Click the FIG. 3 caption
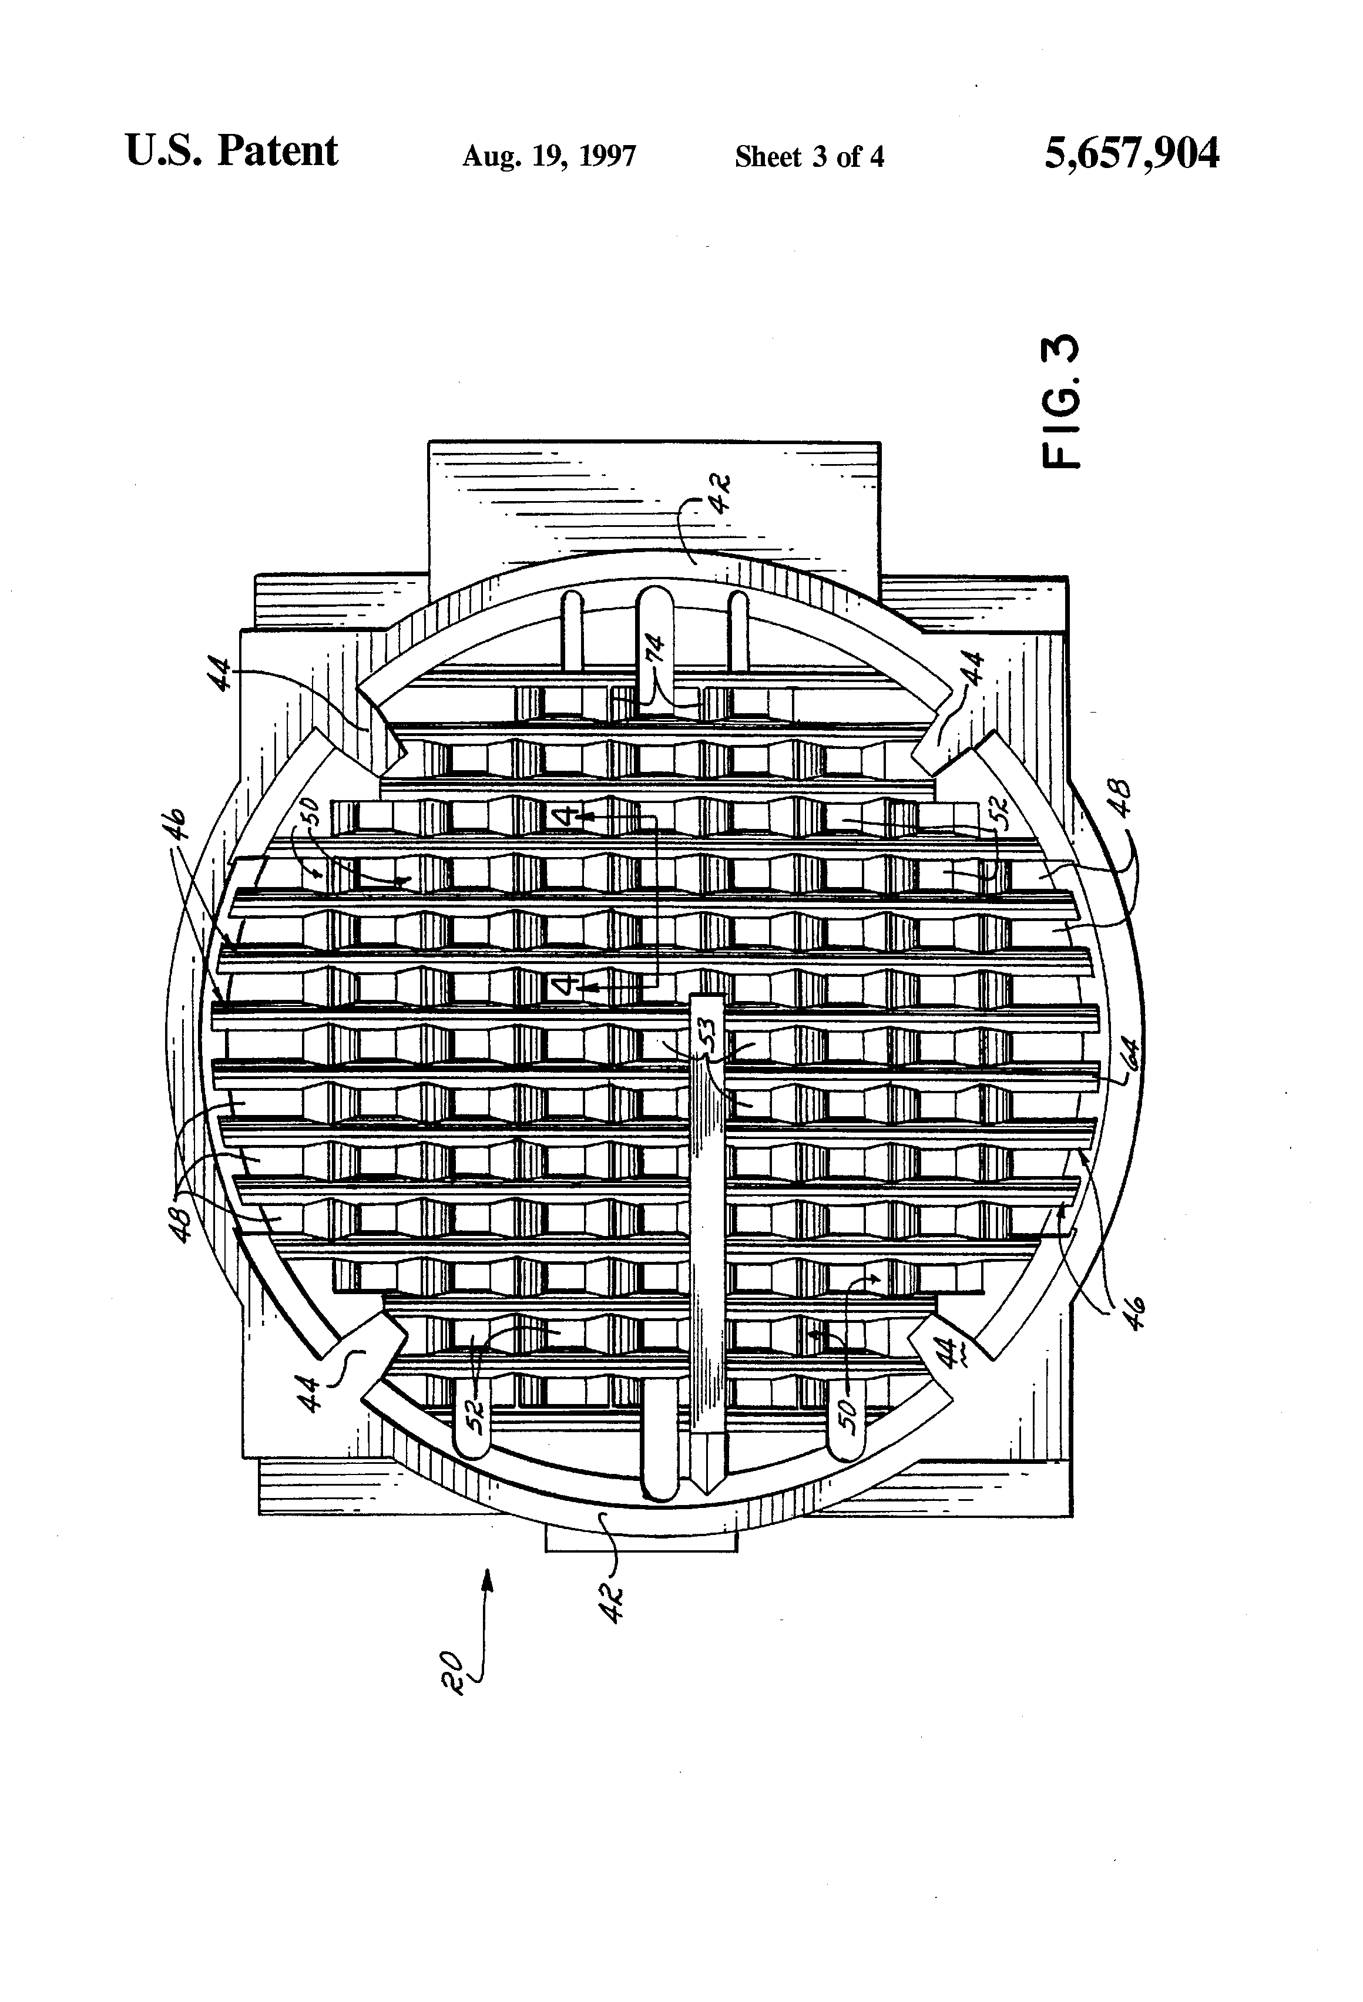1060,401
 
